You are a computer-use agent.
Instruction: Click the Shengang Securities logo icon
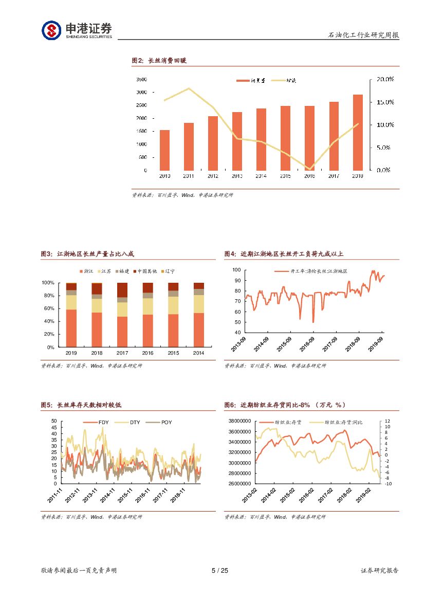(x=51, y=30)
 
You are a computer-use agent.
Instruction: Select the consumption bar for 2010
(x=164, y=150)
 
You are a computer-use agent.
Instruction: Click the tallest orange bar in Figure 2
(x=358, y=133)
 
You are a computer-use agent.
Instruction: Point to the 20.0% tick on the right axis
(x=385, y=79)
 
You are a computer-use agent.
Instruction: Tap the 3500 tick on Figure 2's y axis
(x=142, y=79)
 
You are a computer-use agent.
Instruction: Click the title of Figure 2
(x=159, y=61)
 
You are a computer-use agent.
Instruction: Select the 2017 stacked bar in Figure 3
(x=122, y=315)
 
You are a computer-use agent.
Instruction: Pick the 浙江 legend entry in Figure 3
(x=86, y=271)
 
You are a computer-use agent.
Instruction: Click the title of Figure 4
(x=284, y=254)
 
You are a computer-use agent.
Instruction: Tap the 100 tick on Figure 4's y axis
(x=236, y=269)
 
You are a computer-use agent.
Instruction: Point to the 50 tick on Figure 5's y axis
(x=54, y=421)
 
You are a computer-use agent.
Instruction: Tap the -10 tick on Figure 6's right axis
(x=388, y=484)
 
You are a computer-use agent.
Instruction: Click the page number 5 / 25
(x=219, y=571)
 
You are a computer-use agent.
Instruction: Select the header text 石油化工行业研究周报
(x=363, y=35)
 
